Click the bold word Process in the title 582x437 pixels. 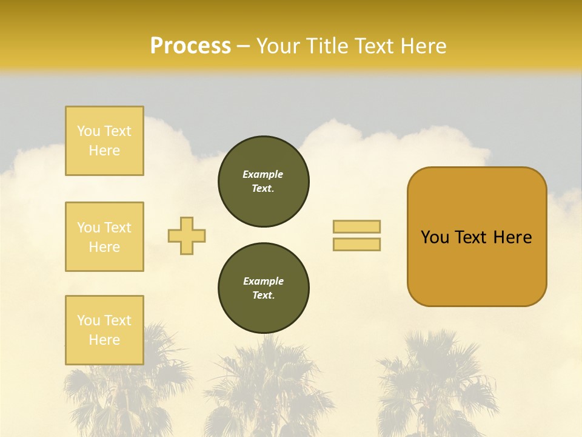click(x=190, y=46)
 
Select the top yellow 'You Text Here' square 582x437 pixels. click(x=104, y=141)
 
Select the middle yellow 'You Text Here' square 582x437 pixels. click(x=104, y=237)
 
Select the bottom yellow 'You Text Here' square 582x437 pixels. click(x=104, y=330)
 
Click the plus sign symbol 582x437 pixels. click(x=187, y=235)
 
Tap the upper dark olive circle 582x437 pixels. click(x=263, y=181)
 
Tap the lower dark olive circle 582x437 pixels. click(x=263, y=288)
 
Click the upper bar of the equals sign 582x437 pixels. click(x=356, y=226)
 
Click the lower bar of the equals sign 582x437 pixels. click(x=356, y=244)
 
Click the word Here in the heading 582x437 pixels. click(x=423, y=46)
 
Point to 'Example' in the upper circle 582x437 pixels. click(x=263, y=174)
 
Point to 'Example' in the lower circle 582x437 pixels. click(x=263, y=281)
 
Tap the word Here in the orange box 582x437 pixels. click(x=512, y=237)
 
